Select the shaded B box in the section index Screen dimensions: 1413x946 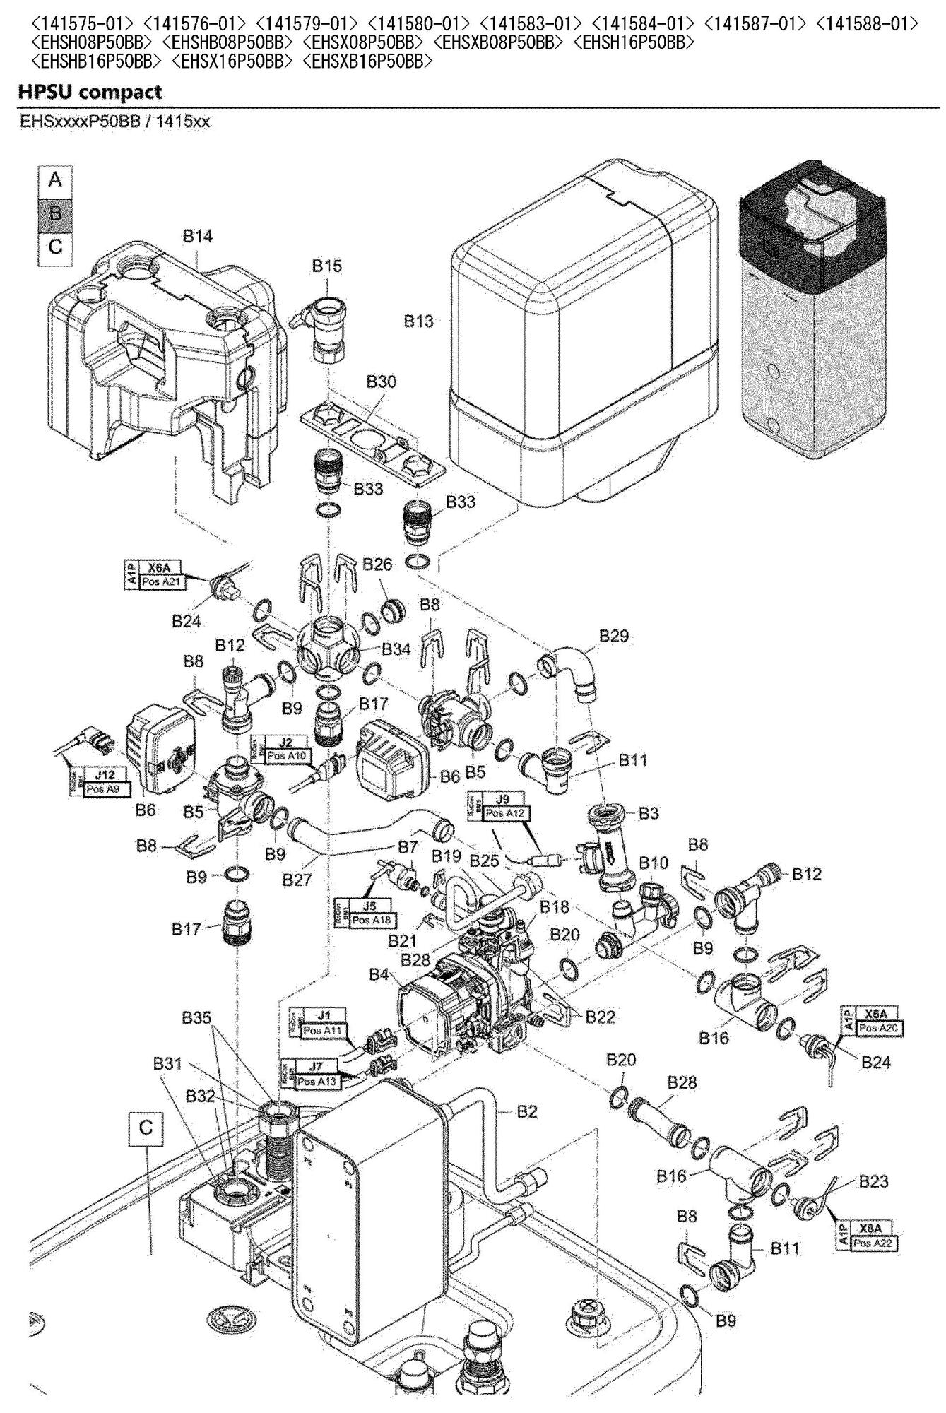(55, 213)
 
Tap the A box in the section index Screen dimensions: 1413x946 (55, 180)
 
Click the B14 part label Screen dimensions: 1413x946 (198, 236)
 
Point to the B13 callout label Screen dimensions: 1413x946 (418, 321)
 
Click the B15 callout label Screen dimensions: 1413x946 (327, 266)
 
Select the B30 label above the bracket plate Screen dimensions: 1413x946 (381, 382)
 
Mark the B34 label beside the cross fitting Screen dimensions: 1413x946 (396, 649)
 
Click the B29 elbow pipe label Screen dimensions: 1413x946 (614, 636)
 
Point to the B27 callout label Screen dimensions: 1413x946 (297, 881)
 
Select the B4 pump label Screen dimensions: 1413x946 (379, 975)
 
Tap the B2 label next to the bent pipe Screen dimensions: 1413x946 (527, 1111)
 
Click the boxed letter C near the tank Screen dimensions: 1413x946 (146, 1128)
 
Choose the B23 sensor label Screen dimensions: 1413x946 (874, 1181)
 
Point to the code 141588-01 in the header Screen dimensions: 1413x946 (867, 25)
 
